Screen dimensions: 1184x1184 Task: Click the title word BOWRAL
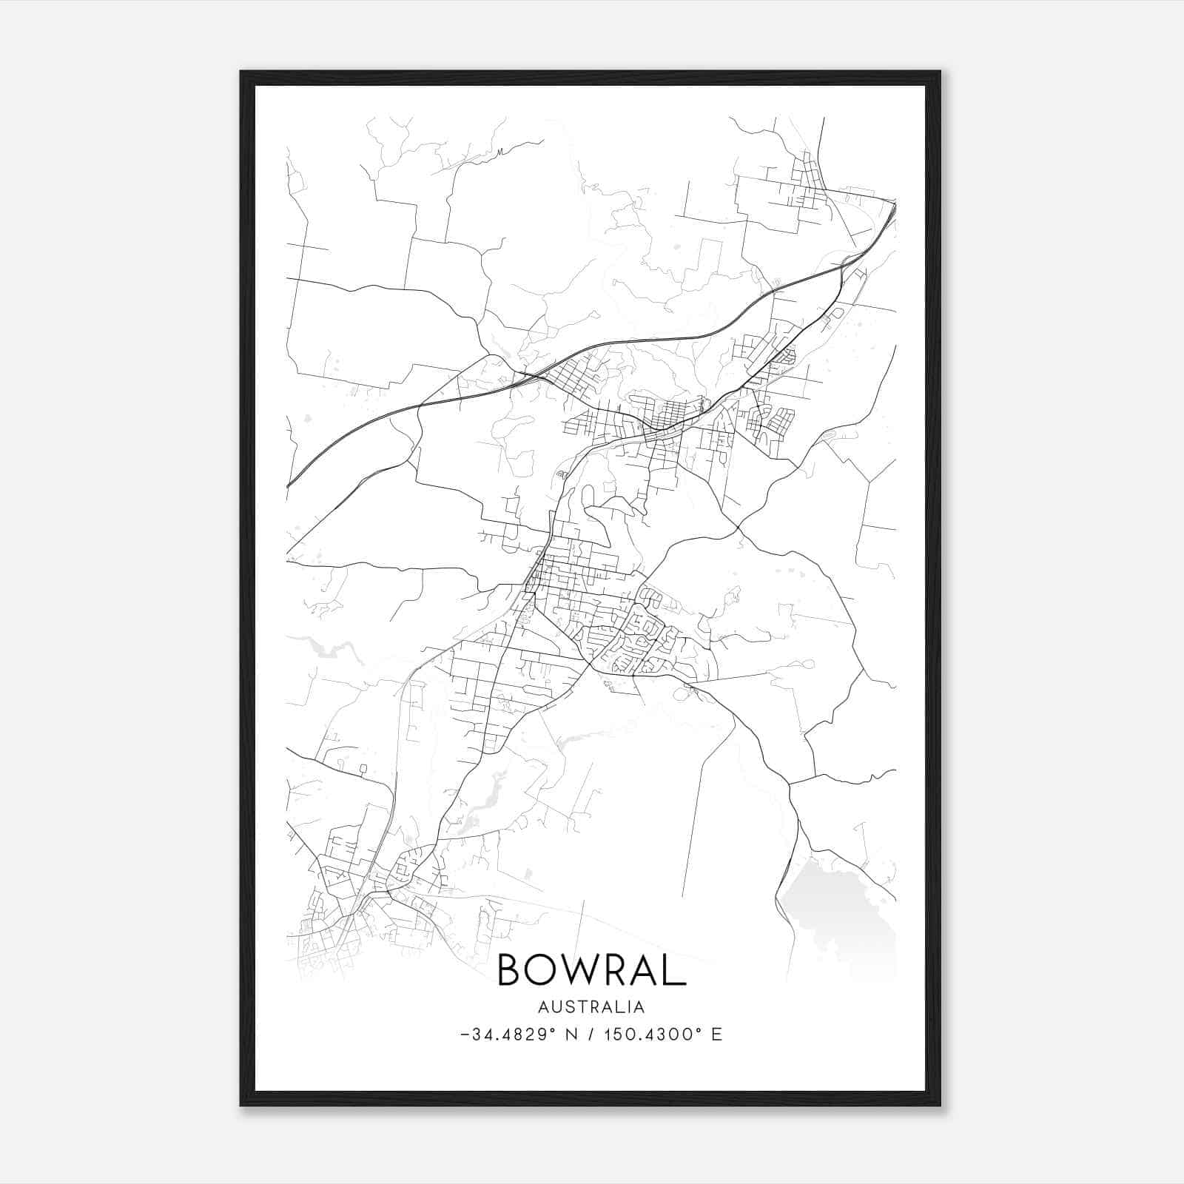591,969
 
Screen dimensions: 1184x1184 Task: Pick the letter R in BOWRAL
623,969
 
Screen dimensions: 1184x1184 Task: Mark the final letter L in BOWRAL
676,969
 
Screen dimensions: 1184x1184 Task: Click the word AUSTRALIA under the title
591,1007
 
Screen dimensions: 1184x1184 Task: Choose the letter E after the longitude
716,1035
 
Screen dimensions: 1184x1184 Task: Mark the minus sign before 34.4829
465,1035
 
